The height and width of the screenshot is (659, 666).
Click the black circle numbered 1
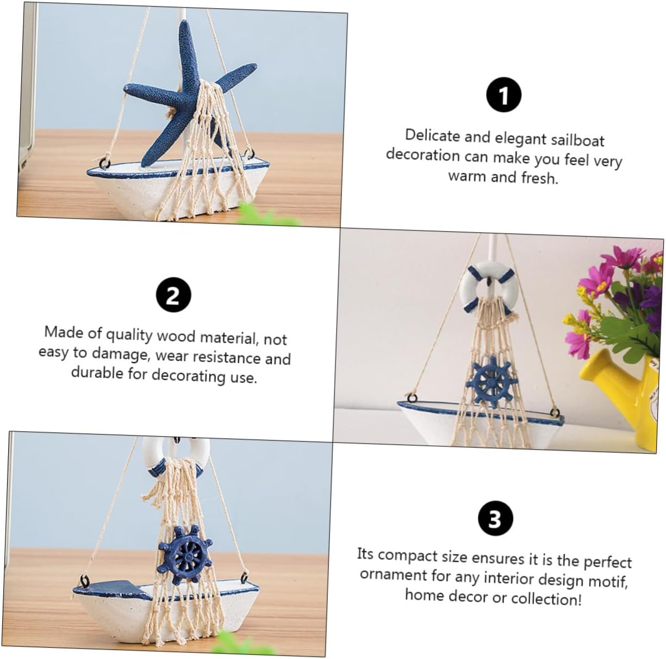503,95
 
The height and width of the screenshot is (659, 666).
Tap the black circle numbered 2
173,295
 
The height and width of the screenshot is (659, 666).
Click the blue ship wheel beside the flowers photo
491,381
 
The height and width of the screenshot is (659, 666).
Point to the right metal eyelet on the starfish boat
248,153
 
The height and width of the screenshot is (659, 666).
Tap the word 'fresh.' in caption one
539,178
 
